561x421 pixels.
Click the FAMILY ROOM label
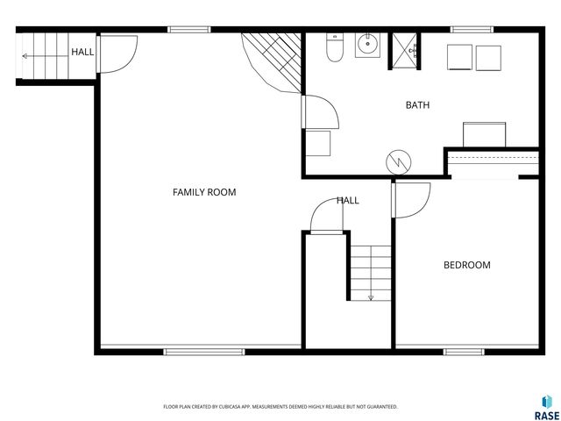204,192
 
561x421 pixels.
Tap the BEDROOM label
467,265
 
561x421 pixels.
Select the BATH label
417,105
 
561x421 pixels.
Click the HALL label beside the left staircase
82,52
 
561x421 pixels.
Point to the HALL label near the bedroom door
348,201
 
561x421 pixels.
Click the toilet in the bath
335,47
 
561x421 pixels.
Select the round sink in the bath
367,45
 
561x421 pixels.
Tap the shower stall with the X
405,51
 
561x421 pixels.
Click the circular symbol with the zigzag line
398,162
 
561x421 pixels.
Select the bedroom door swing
411,201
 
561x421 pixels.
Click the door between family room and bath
320,111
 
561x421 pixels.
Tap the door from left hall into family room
117,54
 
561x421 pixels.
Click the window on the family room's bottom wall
204,352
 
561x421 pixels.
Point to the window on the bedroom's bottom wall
464,352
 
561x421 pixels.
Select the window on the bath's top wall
472,30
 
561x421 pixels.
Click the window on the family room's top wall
189,30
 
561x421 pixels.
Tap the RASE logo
547,407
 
